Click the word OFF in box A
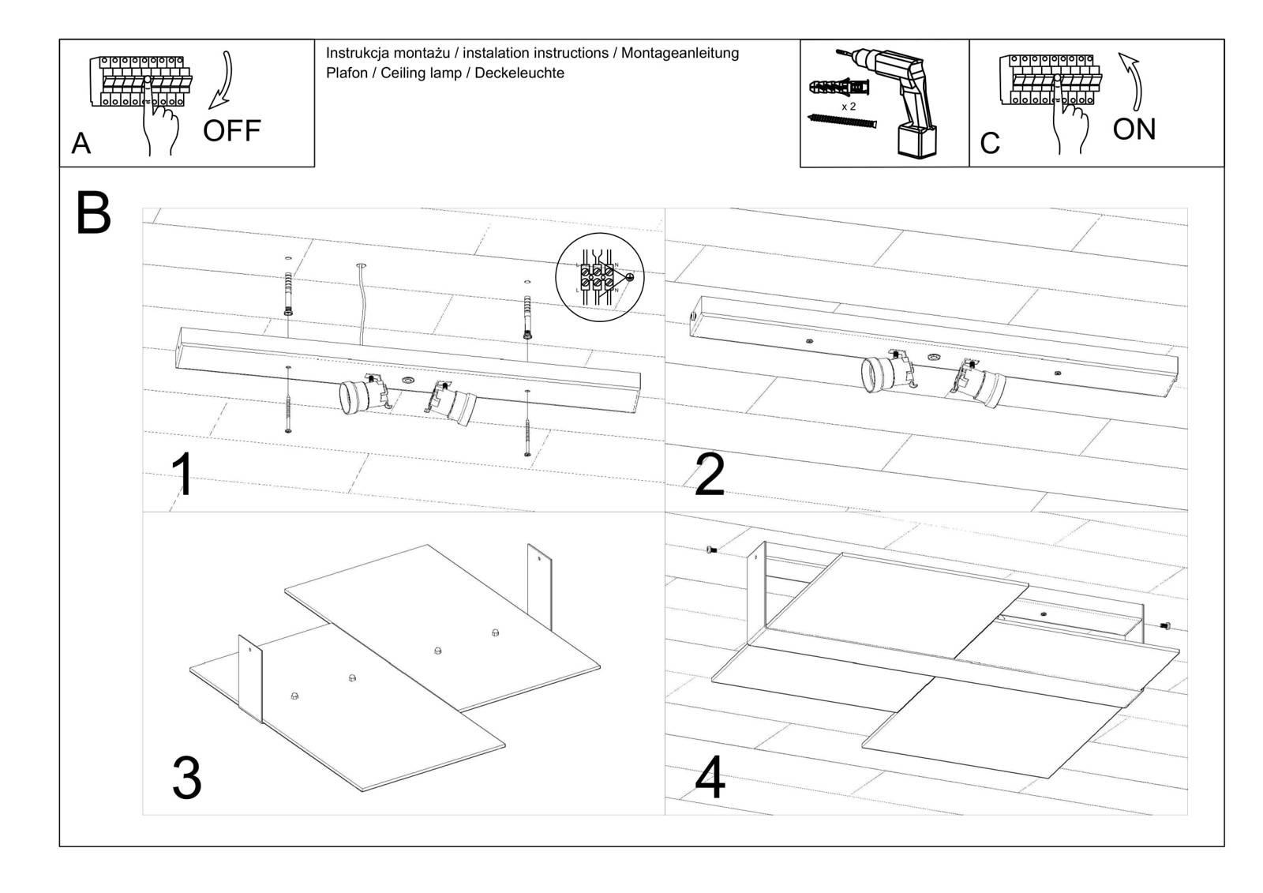pos(231,130)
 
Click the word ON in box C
pos(1134,129)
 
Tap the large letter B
pos(93,212)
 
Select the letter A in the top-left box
pos(81,144)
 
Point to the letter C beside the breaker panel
pos(990,144)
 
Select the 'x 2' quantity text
pos(849,106)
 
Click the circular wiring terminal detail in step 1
pos(600,278)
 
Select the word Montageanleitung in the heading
pos(680,53)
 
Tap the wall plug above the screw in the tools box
pos(839,85)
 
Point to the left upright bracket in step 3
pos(250,677)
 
